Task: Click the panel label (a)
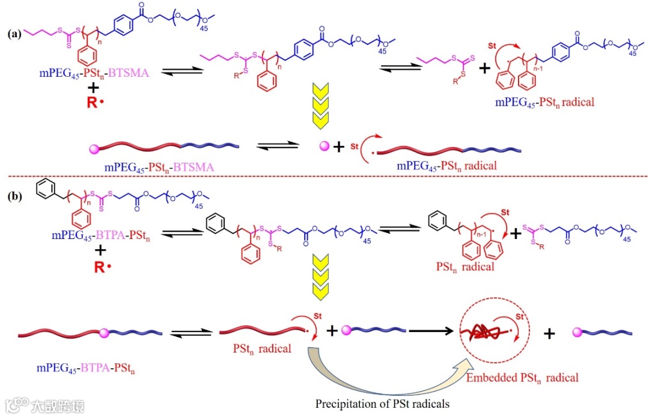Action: [14, 34]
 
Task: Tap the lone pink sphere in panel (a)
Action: [324, 146]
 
